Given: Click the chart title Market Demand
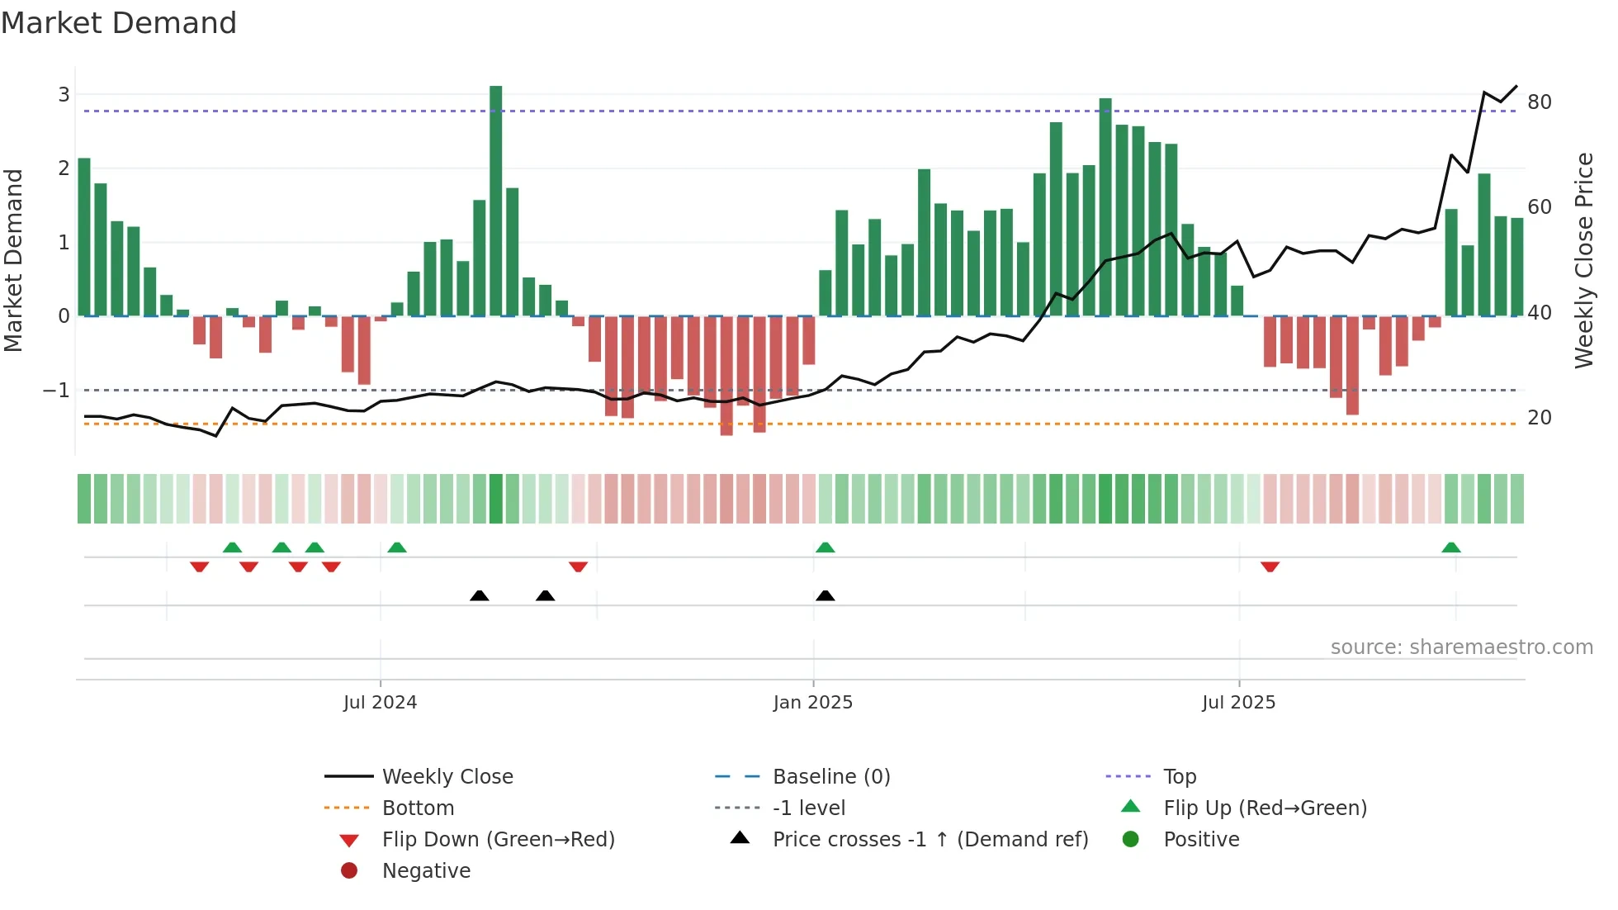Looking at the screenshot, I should coord(119,23).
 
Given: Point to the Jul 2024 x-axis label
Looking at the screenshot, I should coord(381,703).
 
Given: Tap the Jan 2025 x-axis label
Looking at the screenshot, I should coord(812,703).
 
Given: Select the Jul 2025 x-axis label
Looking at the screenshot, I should coord(1238,703).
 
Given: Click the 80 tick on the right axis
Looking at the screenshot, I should coord(1539,102).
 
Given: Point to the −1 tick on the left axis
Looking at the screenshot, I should coord(57,390).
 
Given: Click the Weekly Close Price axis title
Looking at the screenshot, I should coord(1583,260).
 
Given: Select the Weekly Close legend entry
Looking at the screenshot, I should coord(447,777).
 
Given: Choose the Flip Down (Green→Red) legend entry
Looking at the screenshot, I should coord(498,840).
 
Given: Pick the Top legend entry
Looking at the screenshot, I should coord(1179,777).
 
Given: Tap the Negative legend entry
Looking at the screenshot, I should coord(426,871).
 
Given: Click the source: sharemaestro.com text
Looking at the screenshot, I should coord(1461,647).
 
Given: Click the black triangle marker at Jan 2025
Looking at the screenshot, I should coord(825,596).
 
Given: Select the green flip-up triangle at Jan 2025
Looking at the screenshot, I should coord(825,547).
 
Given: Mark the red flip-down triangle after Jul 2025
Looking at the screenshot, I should coord(1270,566).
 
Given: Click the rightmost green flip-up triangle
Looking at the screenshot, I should coord(1450,547).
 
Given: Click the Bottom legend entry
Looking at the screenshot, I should coord(418,808).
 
